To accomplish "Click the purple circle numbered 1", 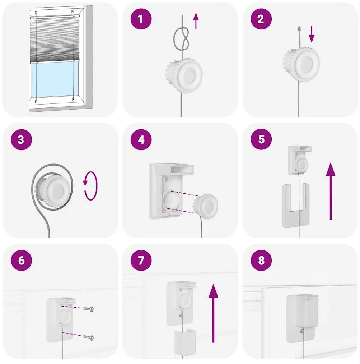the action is coord(141,19).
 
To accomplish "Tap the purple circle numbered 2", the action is coord(261,19).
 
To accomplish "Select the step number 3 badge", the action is coord(21,139).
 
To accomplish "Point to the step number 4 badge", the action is coord(141,139).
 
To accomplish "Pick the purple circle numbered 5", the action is coord(261,139).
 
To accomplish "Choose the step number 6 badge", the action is coord(21,260).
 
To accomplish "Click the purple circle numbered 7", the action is coord(141,260).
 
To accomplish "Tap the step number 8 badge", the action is coord(261,260).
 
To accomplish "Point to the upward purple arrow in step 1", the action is coord(196,21).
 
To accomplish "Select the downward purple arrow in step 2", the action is coord(312,34).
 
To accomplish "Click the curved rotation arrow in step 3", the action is coord(90,186).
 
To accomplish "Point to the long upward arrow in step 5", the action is coord(331,191).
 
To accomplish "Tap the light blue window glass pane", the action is coord(55,80).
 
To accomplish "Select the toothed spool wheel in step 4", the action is coord(206,206).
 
